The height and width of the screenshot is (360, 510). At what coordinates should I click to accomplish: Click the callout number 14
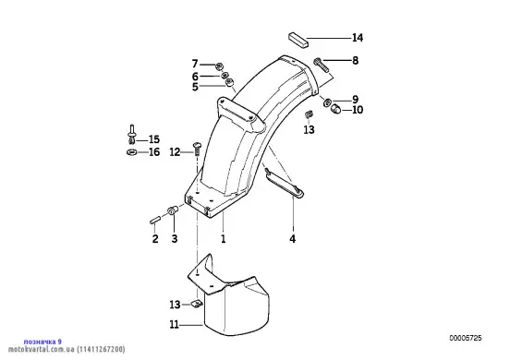pyautogui.click(x=358, y=38)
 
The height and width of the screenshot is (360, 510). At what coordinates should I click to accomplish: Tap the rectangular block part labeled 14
pyautogui.click(x=298, y=40)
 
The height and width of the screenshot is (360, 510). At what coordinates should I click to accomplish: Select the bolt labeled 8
pyautogui.click(x=322, y=66)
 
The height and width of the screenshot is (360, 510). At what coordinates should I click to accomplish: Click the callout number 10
pyautogui.click(x=358, y=110)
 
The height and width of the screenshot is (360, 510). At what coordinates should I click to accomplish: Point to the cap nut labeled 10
pyautogui.click(x=336, y=109)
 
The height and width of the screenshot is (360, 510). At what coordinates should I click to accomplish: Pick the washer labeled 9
pyautogui.click(x=327, y=102)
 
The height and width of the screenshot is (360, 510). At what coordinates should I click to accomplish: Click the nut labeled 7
pyautogui.click(x=219, y=66)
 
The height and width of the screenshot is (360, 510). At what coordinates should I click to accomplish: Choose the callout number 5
pyautogui.click(x=195, y=87)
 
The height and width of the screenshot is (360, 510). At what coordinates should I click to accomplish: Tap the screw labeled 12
pyautogui.click(x=197, y=149)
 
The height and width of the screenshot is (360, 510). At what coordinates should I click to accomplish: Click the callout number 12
pyautogui.click(x=175, y=151)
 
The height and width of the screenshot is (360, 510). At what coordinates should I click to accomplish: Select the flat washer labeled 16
pyautogui.click(x=131, y=151)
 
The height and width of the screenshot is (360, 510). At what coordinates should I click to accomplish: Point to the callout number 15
pyautogui.click(x=154, y=139)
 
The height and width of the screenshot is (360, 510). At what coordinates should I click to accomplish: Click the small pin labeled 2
pyautogui.click(x=154, y=220)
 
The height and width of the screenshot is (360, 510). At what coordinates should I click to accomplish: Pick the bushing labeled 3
pyautogui.click(x=172, y=210)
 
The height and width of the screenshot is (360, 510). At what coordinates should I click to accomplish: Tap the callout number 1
pyautogui.click(x=224, y=239)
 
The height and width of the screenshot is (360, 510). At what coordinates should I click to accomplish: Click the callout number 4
pyautogui.click(x=292, y=239)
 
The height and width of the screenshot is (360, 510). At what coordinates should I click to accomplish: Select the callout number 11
pyautogui.click(x=175, y=325)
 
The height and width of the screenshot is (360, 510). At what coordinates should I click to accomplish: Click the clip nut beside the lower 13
pyautogui.click(x=196, y=305)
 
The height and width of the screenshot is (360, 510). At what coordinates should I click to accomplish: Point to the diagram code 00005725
pyautogui.click(x=466, y=338)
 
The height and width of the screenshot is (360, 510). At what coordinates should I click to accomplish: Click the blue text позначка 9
pyautogui.click(x=42, y=342)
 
